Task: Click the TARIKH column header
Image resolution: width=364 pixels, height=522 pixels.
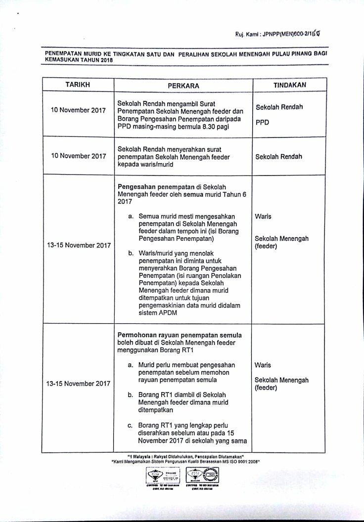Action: click(78, 85)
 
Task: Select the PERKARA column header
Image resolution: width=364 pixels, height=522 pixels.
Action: click(183, 85)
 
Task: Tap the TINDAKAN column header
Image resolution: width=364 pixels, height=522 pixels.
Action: click(290, 85)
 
